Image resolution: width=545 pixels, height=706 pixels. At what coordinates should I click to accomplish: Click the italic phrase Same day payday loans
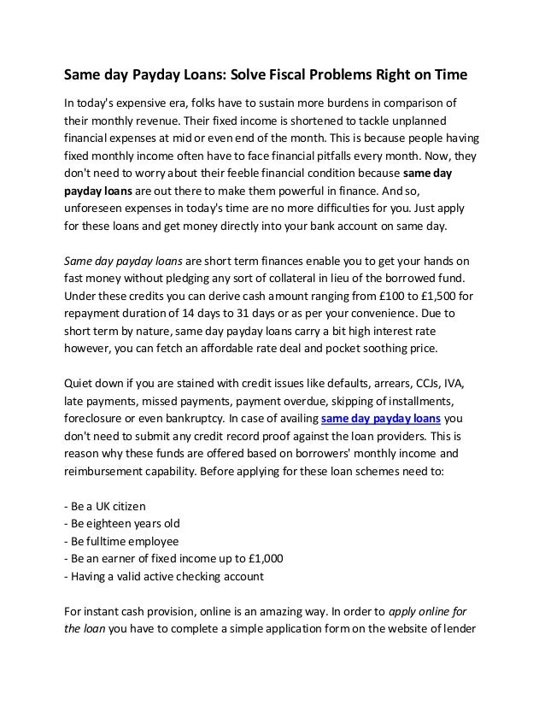point(123,261)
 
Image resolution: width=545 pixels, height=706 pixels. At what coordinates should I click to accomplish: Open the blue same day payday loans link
point(382,420)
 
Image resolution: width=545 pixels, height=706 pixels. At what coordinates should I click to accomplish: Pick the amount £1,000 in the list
point(264,559)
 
